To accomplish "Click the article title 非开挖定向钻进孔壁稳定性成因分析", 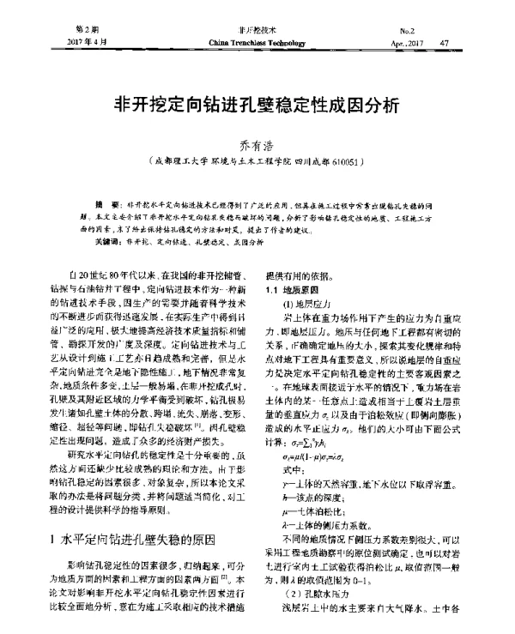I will [257, 105].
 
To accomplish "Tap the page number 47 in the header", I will [444, 40].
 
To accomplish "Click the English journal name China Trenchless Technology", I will [257, 40].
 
